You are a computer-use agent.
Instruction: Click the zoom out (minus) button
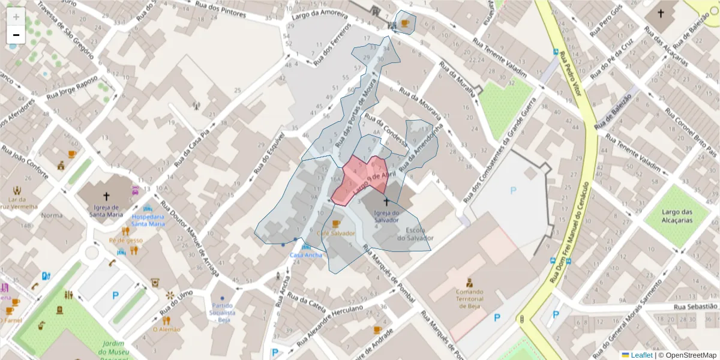(x=16, y=35)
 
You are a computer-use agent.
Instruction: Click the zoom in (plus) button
(x=16, y=17)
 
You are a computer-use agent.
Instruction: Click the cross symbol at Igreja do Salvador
(x=386, y=202)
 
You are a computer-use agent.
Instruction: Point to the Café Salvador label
(x=336, y=233)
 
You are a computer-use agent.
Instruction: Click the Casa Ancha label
(x=305, y=255)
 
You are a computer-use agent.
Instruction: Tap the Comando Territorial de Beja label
(x=470, y=299)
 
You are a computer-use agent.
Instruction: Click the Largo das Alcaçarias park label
(x=677, y=216)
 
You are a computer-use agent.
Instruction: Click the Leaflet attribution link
(x=641, y=355)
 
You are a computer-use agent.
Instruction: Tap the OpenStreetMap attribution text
(x=687, y=355)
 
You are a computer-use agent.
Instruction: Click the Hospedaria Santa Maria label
(x=148, y=220)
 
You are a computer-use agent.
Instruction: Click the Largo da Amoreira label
(x=320, y=13)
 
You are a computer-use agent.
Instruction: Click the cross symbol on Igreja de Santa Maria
(x=106, y=196)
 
